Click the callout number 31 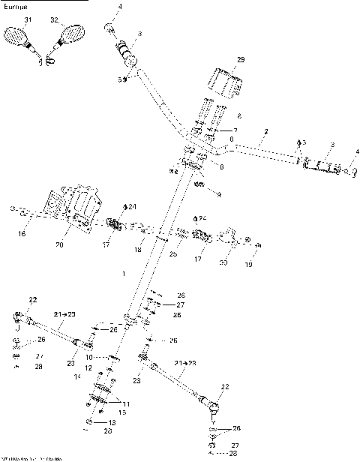click(28, 19)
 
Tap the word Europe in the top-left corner click(14, 4)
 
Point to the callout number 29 click(241, 58)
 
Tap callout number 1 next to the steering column click(123, 274)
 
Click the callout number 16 click(21, 234)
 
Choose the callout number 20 click(61, 244)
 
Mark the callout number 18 click(138, 249)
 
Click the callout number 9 click(217, 193)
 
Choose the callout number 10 click(88, 358)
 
